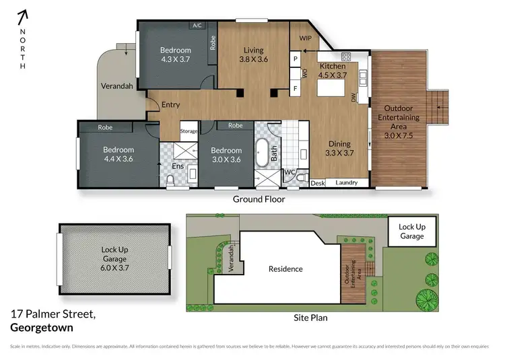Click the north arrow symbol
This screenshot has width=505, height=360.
(23, 15)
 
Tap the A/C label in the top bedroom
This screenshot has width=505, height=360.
(197, 26)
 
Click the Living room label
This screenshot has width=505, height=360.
(253, 54)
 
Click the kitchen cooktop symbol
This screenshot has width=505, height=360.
(347, 57)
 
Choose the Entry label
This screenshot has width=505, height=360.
(170, 104)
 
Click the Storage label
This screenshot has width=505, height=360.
(189, 132)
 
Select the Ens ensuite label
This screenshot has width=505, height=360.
(178, 166)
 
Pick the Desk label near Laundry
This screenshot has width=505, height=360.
(318, 182)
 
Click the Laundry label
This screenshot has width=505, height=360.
(346, 182)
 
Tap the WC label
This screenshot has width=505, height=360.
(290, 172)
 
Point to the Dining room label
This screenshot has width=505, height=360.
(339, 148)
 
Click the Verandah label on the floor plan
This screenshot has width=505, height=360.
(115, 87)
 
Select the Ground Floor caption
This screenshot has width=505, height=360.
(259, 199)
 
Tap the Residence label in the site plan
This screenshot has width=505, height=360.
(285, 269)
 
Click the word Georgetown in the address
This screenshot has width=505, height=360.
(42, 328)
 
